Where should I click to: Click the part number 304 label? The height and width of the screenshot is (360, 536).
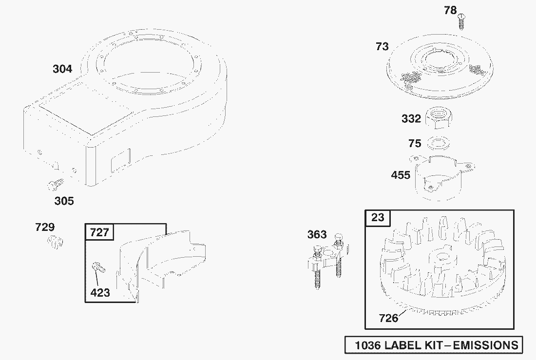click(x=62, y=69)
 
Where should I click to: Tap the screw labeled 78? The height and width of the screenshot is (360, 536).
click(x=462, y=21)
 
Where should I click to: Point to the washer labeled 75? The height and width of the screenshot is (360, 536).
click(x=439, y=143)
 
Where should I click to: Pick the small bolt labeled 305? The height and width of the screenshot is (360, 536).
click(x=56, y=185)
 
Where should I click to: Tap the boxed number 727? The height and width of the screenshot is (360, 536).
click(x=99, y=232)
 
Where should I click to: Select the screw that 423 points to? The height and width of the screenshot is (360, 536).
click(x=98, y=267)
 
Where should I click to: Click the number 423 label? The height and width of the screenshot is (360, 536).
click(x=100, y=293)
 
